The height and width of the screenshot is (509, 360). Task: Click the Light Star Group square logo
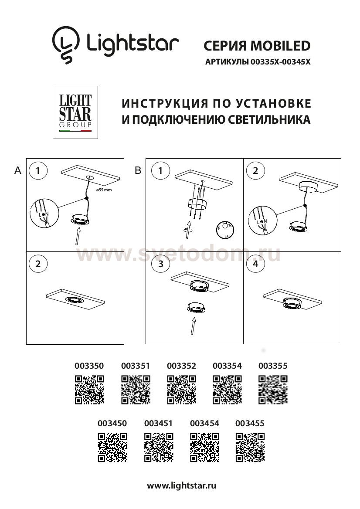coord(75,112)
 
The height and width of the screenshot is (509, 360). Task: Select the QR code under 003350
coord(89,389)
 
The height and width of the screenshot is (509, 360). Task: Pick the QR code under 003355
coord(273,389)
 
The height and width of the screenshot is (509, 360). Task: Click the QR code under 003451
coord(158,447)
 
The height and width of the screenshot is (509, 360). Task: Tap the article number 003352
coord(181,366)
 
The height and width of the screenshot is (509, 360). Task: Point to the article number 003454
coord(205,424)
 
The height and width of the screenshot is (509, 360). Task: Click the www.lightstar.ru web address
coord(182,485)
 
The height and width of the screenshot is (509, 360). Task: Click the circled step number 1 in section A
coord(39,171)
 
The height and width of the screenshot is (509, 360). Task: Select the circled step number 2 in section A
coord(39,264)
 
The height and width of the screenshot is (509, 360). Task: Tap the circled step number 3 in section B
coord(161,264)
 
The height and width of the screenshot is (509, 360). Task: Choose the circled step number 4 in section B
coord(255,264)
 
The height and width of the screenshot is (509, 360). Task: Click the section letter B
coord(138,171)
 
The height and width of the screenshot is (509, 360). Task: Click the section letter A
coord(18,171)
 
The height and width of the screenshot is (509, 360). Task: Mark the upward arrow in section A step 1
coord(77,238)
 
